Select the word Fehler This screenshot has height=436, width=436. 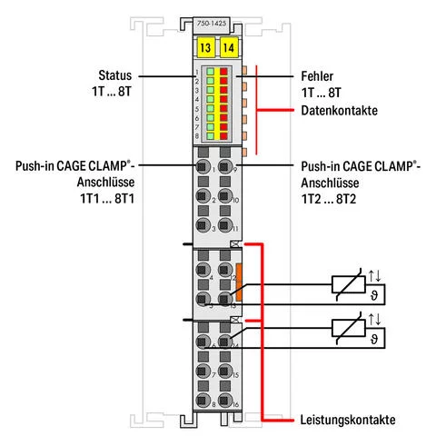(x=320, y=77)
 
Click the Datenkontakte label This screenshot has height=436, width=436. (x=339, y=111)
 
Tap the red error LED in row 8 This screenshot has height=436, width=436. (x=224, y=134)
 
